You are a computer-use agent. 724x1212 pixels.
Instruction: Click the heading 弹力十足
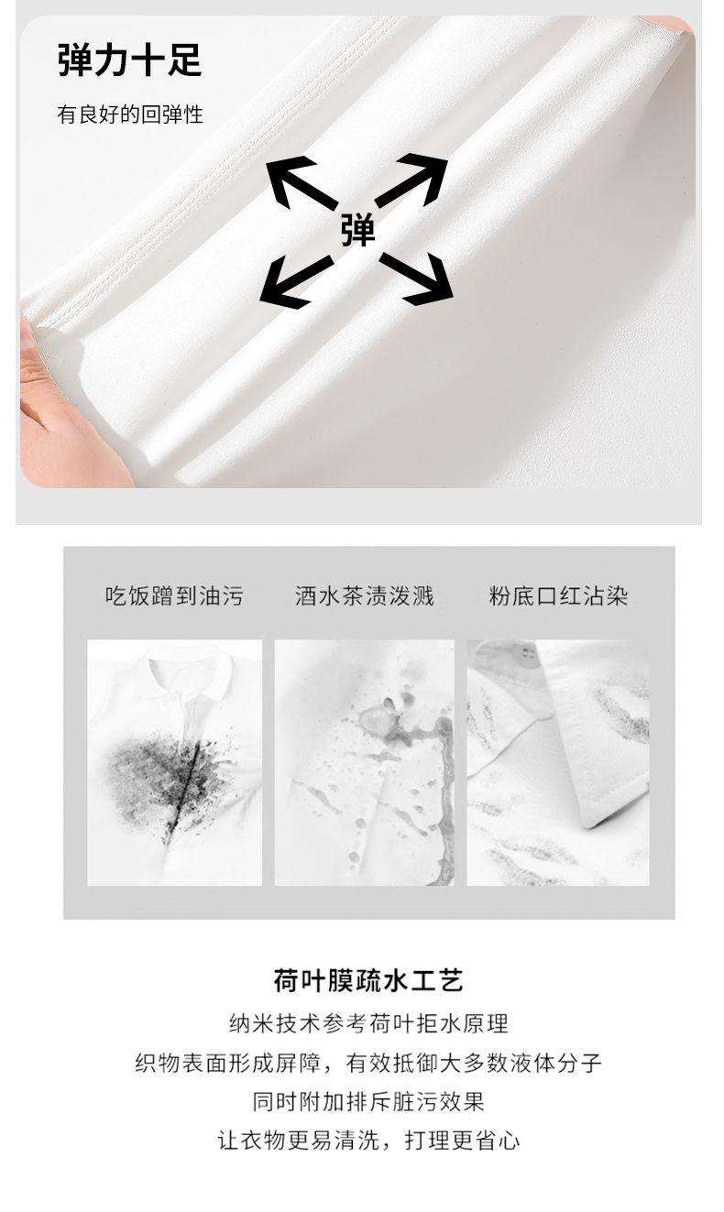pyautogui.click(x=129, y=60)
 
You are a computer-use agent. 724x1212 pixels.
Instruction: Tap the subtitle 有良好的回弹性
pyautogui.click(x=130, y=115)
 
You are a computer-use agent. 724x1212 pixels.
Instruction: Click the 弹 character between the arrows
pyautogui.click(x=357, y=231)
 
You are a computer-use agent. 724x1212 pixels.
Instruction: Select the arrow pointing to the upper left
pyautogui.click(x=301, y=182)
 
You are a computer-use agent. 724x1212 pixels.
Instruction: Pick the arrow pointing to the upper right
pyautogui.click(x=411, y=180)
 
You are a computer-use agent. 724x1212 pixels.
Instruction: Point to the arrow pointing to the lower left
pyautogui.click(x=295, y=282)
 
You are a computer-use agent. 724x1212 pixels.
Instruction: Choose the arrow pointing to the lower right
pyautogui.click(x=417, y=279)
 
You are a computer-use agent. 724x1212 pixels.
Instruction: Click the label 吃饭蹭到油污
pyautogui.click(x=174, y=596)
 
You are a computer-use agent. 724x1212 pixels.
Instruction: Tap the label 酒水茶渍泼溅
pyautogui.click(x=364, y=596)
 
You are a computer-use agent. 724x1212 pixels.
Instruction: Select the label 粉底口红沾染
pyautogui.click(x=558, y=596)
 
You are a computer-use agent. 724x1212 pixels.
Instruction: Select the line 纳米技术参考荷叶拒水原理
pyautogui.click(x=368, y=1023)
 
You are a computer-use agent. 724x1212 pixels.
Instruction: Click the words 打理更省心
pyautogui.click(x=462, y=1141)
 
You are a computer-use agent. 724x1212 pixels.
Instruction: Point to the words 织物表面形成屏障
pyautogui.click(x=227, y=1063)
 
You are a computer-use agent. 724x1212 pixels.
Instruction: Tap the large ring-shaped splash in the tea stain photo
pyautogui.click(x=378, y=720)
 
